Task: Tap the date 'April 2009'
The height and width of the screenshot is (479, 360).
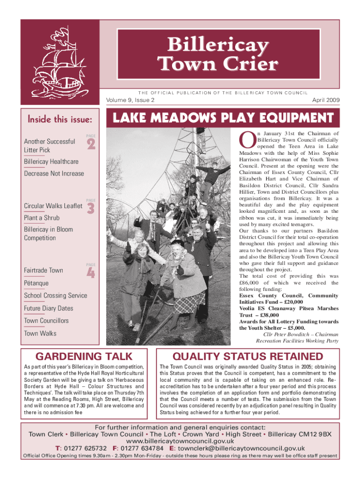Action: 325,100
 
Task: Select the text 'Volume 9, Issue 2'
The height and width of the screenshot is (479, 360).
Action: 131,100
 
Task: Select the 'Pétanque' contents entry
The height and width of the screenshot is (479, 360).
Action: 36,283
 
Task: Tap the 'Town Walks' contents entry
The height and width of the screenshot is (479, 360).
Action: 40,333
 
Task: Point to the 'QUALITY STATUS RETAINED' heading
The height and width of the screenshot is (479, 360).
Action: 248,357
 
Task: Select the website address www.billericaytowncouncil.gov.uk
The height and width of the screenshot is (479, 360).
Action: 180,441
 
